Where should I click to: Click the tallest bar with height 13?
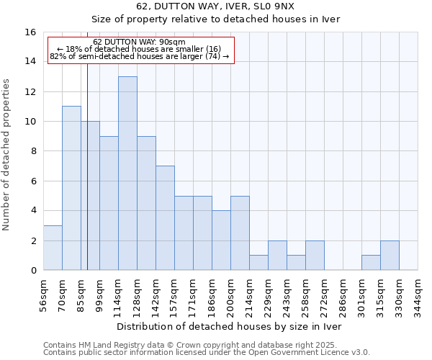tap(127, 173)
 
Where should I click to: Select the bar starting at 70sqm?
tap(71, 188)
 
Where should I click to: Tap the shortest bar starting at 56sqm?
tap(53, 248)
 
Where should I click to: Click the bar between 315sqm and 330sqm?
tap(390, 255)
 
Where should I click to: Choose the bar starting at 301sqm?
tap(371, 263)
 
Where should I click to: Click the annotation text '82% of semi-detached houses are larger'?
tap(140, 56)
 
